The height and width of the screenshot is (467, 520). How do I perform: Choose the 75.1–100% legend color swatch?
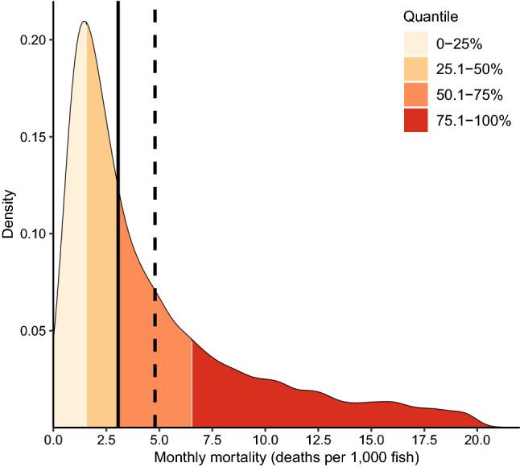pyautogui.click(x=416, y=121)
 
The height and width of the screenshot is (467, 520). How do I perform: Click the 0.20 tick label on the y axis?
pyautogui.click(x=32, y=39)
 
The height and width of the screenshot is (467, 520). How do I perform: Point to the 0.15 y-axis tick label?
pyautogui.click(x=32, y=137)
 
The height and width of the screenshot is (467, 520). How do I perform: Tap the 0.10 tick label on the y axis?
pyautogui.click(x=32, y=233)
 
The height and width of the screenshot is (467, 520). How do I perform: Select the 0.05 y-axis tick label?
pyautogui.click(x=32, y=330)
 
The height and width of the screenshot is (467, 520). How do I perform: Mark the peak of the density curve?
pyautogui.click(x=84, y=22)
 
